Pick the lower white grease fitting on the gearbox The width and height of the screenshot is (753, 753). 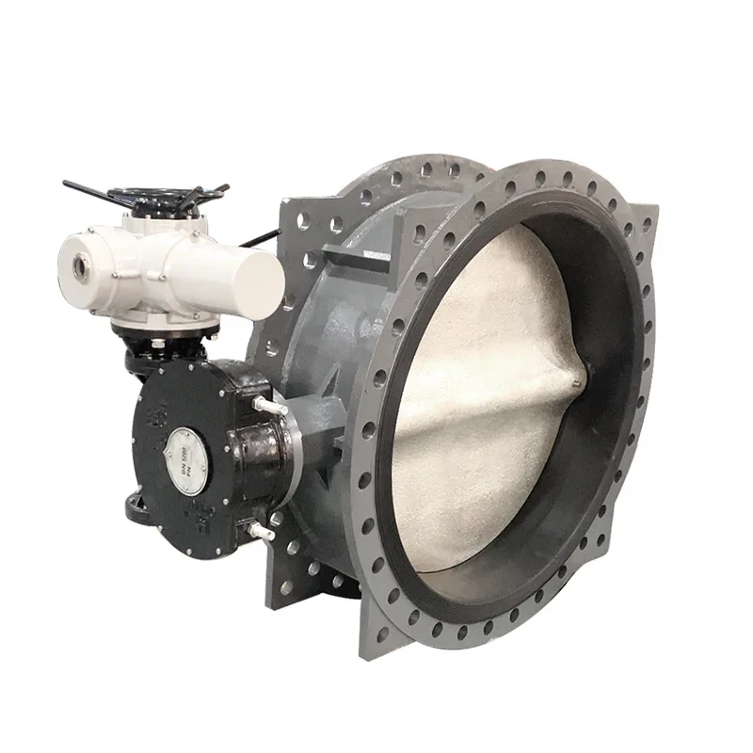pyautogui.click(x=260, y=532)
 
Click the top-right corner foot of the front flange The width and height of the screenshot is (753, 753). pyautogui.click(x=646, y=221)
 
